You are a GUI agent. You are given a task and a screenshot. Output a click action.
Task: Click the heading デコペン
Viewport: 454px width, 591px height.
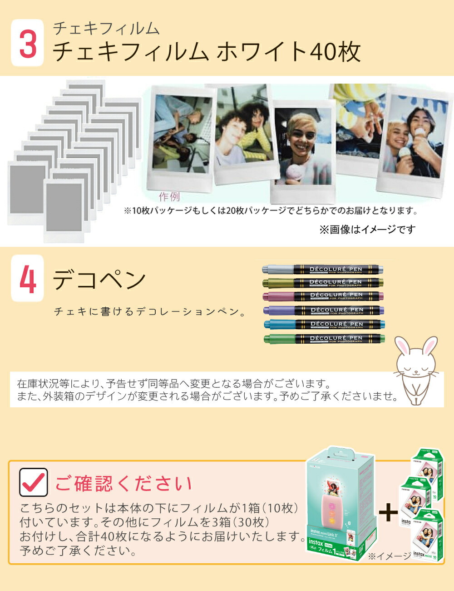pos(99,280)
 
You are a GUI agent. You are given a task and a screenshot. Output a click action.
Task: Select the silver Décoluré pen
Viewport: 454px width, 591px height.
pos(323,269)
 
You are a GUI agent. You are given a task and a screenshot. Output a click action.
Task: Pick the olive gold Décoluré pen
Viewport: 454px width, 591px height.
pos(323,282)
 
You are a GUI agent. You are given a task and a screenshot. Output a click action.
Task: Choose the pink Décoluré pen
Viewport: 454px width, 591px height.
pos(323,296)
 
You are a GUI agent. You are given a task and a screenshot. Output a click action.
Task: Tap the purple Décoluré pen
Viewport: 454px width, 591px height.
pos(323,311)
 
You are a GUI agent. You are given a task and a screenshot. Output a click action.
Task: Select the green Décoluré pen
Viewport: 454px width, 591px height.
pos(323,339)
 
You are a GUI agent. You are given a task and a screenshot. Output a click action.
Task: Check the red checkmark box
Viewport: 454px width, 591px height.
pos(34,482)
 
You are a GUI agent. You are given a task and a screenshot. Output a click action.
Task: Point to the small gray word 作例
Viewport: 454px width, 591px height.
pos(169,196)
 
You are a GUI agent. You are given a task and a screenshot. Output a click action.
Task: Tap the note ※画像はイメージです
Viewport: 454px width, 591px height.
pos(367,230)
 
